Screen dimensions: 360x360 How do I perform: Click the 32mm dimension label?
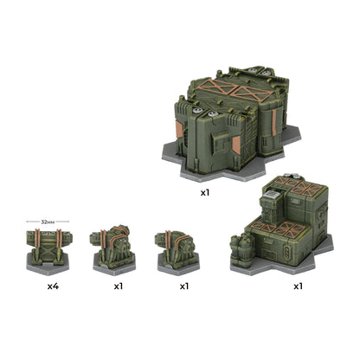[x=48, y=222]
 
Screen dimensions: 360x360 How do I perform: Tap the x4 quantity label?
[x=53, y=286]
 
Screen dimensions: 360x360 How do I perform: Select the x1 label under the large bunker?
[x=205, y=193]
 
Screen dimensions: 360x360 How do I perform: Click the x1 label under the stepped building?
[x=298, y=286]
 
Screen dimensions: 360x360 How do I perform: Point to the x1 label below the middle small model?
[x=119, y=286]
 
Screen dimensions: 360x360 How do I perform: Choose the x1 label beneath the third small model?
[x=184, y=286]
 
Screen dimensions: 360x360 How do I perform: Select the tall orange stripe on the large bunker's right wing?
[x=274, y=122]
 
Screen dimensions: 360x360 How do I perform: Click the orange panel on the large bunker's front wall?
[x=236, y=145]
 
